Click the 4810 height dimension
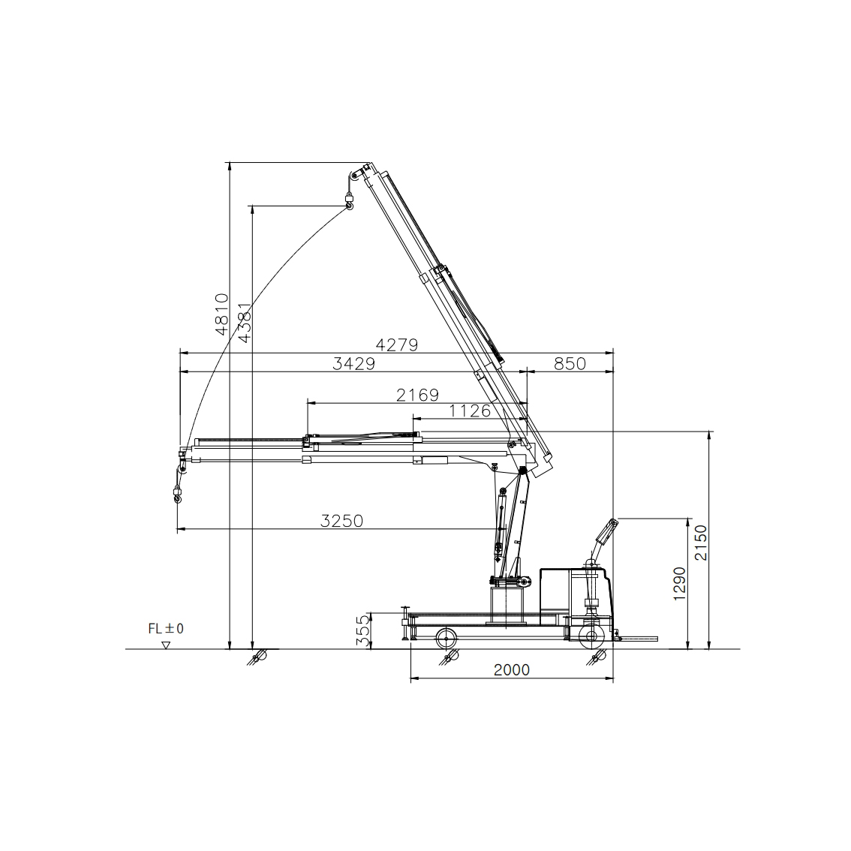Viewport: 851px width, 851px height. [221, 314]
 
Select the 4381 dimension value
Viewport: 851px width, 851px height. [245, 323]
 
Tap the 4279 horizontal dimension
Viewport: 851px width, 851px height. [397, 344]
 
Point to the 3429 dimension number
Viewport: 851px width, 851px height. [354, 363]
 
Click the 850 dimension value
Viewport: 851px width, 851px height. [570, 363]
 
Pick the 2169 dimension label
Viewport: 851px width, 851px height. [417, 395]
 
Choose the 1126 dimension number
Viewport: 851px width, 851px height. [470, 410]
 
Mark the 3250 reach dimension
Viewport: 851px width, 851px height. [341, 521]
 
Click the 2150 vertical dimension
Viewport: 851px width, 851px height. [701, 543]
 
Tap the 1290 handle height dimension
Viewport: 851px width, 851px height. [679, 583]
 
